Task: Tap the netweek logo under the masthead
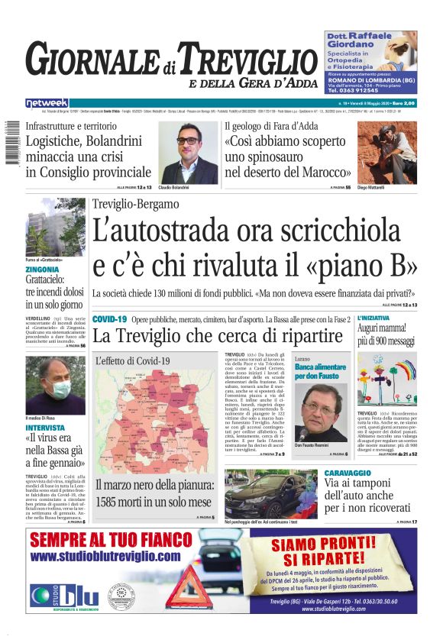(47, 102)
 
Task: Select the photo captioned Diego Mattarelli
(387, 153)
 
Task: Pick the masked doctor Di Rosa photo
(55, 386)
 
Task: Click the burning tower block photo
(55, 229)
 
